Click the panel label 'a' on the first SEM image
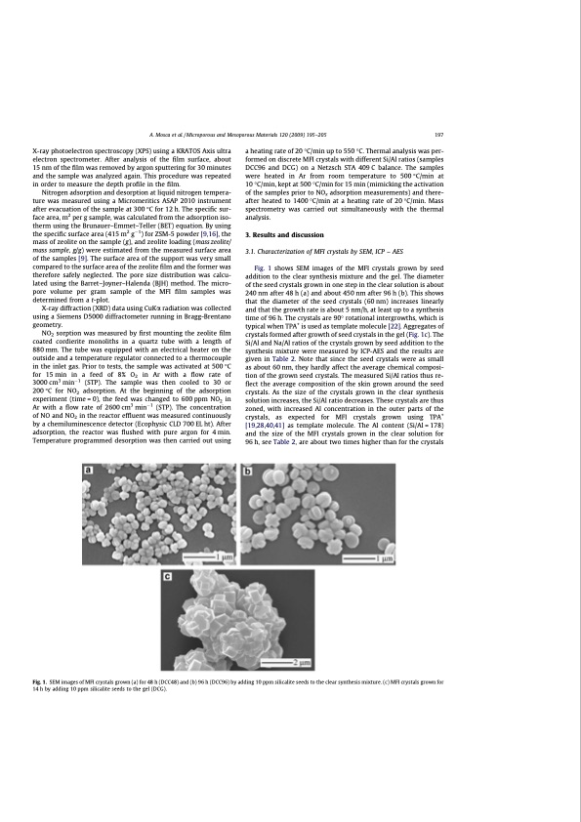coord(89,472)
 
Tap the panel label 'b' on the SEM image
coord(246,472)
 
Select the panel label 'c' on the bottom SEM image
coord(168,578)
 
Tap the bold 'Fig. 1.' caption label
coord(41,680)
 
